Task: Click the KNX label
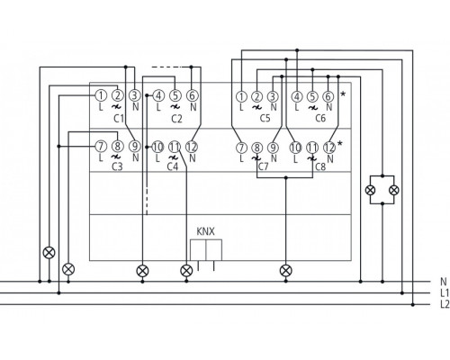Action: (x=205, y=232)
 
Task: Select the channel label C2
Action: (x=175, y=117)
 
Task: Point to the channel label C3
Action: (x=116, y=166)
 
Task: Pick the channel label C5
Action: (x=264, y=117)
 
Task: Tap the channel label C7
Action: (x=262, y=166)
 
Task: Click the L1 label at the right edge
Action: (x=444, y=292)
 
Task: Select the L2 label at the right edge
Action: (x=444, y=304)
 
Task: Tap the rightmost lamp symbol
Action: (x=393, y=191)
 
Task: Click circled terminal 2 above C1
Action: (x=117, y=94)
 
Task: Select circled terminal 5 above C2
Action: (x=175, y=94)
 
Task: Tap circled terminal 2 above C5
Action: (x=257, y=95)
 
